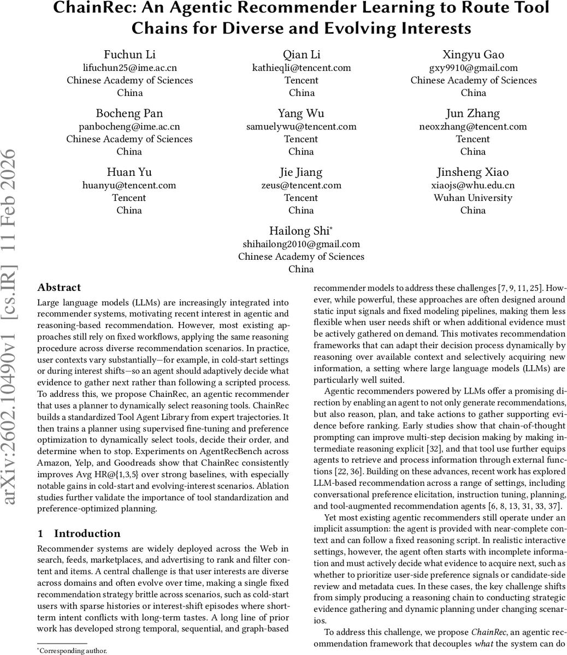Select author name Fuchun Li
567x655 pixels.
coord(129,55)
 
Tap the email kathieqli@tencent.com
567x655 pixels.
coord(301,68)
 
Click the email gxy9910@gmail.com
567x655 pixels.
coord(473,68)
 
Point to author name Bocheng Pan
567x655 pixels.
coord(129,114)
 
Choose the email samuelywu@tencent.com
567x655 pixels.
coord(301,127)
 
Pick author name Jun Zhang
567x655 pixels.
coord(473,114)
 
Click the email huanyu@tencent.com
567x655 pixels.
coord(129,186)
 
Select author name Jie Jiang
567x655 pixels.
coord(301,172)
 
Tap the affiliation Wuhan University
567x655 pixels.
coord(473,198)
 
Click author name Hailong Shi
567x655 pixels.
coord(299,231)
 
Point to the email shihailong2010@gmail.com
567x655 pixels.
coord(301,245)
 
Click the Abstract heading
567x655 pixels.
coord(59,288)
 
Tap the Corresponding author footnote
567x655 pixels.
coord(72,651)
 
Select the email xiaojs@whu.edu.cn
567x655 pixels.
coord(473,186)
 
